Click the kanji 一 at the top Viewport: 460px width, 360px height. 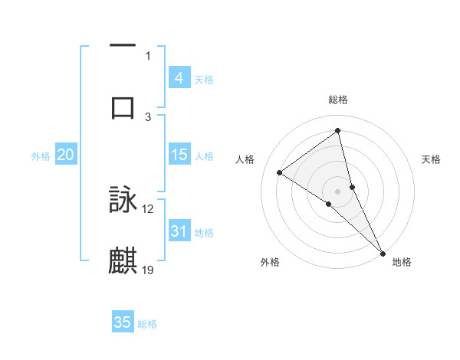tap(123, 47)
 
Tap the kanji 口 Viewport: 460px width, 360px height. tap(123, 107)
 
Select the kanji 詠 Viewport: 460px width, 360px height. tap(123, 200)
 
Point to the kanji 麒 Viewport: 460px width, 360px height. tap(123, 261)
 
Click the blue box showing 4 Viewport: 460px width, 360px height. tap(179, 78)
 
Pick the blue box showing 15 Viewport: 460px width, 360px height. tap(179, 155)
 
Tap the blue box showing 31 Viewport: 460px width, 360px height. tap(179, 231)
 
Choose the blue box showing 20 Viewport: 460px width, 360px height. tap(65, 155)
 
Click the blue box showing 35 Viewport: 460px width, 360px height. tap(123, 322)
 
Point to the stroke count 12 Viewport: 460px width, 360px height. tap(148, 208)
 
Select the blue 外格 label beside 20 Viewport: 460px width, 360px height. tap(41, 156)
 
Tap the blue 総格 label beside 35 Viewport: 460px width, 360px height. tap(147, 324)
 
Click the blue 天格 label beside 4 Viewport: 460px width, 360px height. tap(204, 80)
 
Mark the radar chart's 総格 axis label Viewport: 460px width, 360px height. tap(338, 100)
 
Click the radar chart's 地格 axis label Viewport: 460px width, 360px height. tap(402, 263)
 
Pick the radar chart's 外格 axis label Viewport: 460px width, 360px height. tap(270, 263)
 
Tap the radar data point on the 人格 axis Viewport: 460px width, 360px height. tap(280, 173)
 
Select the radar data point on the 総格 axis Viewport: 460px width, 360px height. tap(338, 130)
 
